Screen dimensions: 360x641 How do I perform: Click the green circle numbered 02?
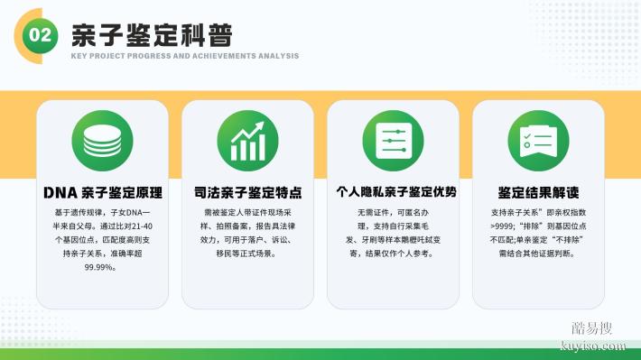click(x=41, y=34)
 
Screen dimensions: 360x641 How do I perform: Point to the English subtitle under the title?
click(x=185, y=56)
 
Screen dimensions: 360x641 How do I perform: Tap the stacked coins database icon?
click(x=102, y=142)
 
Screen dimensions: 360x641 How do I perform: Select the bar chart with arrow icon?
click(x=247, y=142)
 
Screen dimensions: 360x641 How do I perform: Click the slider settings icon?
click(x=393, y=142)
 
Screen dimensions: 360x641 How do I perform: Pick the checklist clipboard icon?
click(x=538, y=142)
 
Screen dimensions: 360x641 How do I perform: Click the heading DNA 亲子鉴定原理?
click(x=102, y=193)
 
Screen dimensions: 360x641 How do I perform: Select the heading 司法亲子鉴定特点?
click(x=247, y=193)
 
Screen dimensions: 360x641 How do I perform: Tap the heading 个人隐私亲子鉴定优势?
click(x=393, y=192)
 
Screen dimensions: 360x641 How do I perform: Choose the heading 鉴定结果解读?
click(x=538, y=193)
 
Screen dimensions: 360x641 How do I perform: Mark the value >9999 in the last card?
click(x=505, y=226)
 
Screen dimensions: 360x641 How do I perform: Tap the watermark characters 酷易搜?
click(x=592, y=328)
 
